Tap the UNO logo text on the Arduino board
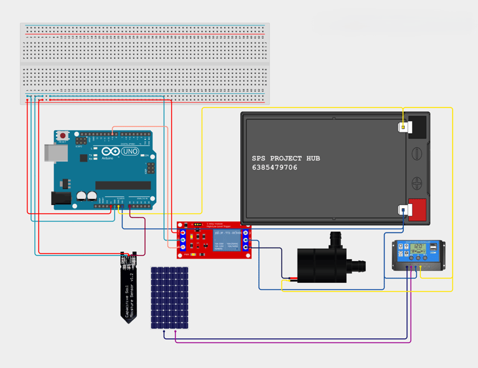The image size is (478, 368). (129, 152)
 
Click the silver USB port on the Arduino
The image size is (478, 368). (54, 154)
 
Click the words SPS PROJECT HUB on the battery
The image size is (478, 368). (286, 159)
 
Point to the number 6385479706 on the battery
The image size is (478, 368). (274, 168)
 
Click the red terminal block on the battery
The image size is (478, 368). (417, 209)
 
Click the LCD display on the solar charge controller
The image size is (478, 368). (418, 247)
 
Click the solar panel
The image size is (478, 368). (170, 298)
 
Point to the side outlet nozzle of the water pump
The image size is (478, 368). (358, 265)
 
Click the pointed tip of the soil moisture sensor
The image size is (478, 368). (129, 321)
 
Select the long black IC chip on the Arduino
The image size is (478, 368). (123, 185)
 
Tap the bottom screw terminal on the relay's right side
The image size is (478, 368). (246, 247)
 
